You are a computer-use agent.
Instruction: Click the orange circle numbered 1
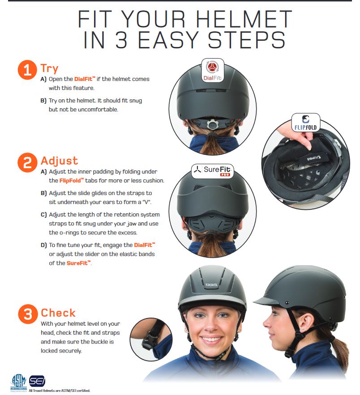pyautogui.click(x=27, y=71)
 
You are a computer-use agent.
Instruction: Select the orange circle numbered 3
pyautogui.click(x=27, y=314)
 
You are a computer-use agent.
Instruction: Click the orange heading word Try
pyautogui.click(x=49, y=68)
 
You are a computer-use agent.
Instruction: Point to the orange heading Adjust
pyautogui.click(x=59, y=161)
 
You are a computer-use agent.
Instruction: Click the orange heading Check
pyautogui.click(x=58, y=313)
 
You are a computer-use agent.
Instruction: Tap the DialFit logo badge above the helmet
pyautogui.click(x=213, y=71)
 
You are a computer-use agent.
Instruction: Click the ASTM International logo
pyautogui.click(x=19, y=382)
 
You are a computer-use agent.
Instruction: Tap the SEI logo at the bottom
pyautogui.click(x=37, y=382)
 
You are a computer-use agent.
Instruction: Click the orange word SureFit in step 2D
pyautogui.click(x=78, y=263)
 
